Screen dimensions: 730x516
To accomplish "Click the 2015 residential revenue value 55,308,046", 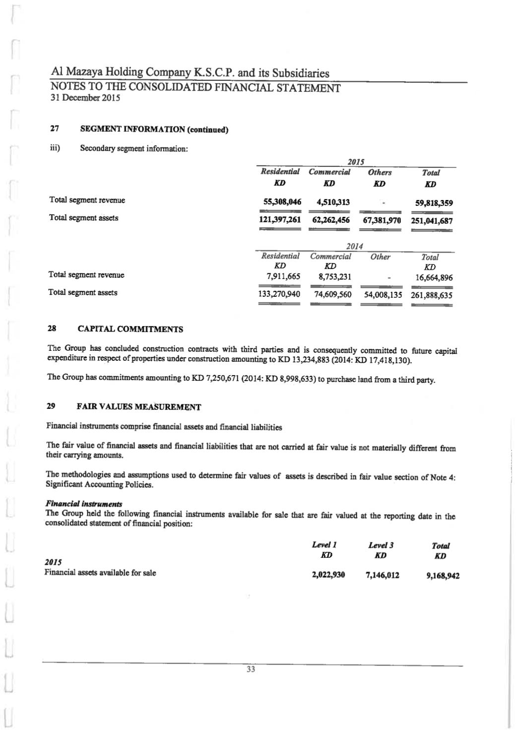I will pyautogui.click(x=281, y=202).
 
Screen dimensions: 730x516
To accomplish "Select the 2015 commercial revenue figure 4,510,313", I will pyautogui.click(x=329, y=202).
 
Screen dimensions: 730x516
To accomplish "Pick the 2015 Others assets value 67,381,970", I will pyautogui.click(x=382, y=220).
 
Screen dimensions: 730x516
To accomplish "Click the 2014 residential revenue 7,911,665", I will pyautogui.click(x=281, y=276).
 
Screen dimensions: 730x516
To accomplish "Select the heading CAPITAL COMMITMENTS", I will pyautogui.click(x=130, y=329).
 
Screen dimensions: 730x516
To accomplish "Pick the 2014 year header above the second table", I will pyautogui.click(x=354, y=246).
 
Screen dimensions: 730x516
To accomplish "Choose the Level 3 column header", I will pyautogui.click(x=381, y=545).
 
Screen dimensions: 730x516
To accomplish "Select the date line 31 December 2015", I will pyautogui.click(x=85, y=98).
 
